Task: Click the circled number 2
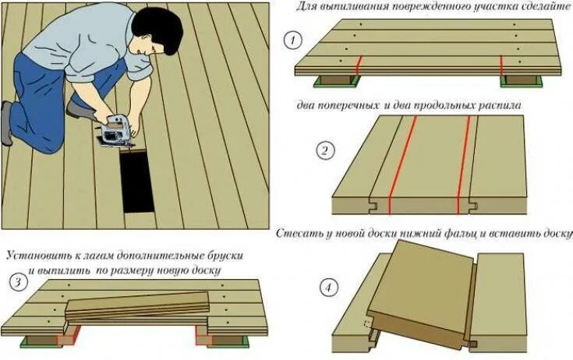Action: (x=324, y=151)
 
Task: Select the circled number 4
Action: (x=330, y=288)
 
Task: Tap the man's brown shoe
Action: (x=80, y=108)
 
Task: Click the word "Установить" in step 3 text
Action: (x=38, y=255)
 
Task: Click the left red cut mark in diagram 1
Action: (x=359, y=65)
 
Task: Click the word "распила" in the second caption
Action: (x=500, y=104)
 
